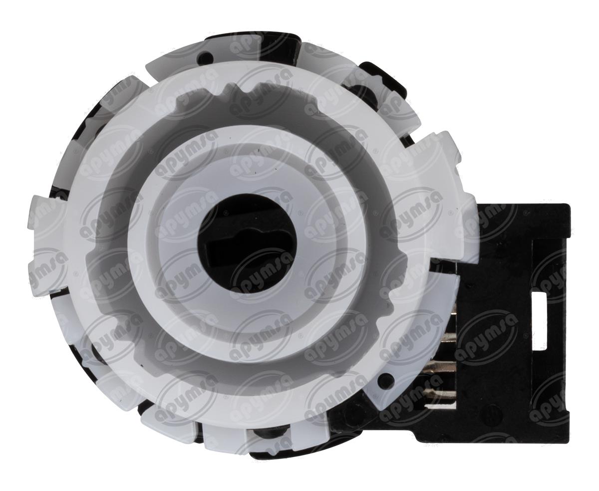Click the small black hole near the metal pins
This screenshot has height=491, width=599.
[385, 377]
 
